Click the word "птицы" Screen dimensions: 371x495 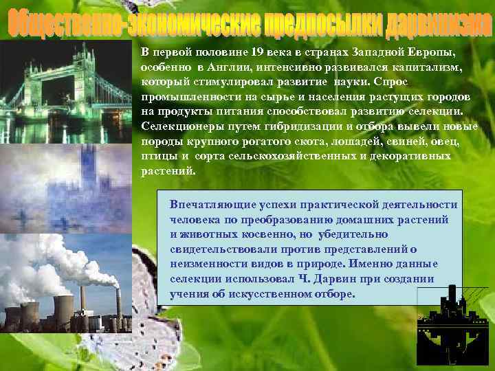pyautogui.click(x=155, y=156)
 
